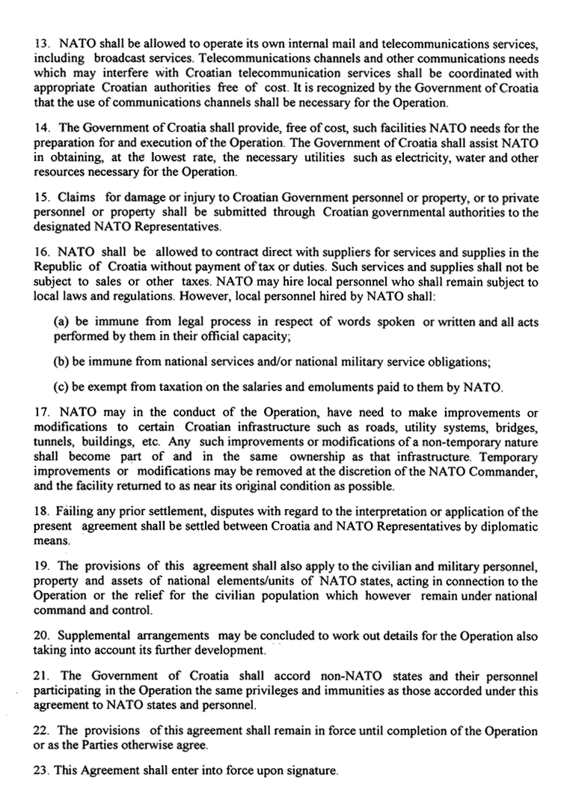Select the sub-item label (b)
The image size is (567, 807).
click(61, 362)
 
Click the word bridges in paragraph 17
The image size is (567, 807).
click(515, 427)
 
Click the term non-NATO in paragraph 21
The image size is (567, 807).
click(347, 677)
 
